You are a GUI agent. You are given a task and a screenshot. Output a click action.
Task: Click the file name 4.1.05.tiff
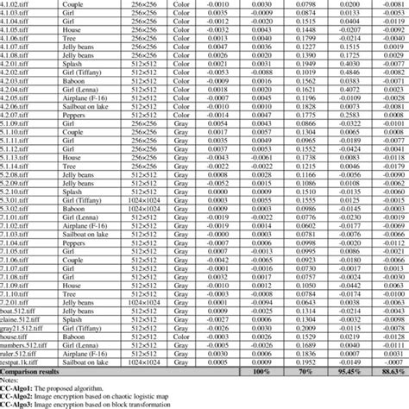point(17,30)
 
